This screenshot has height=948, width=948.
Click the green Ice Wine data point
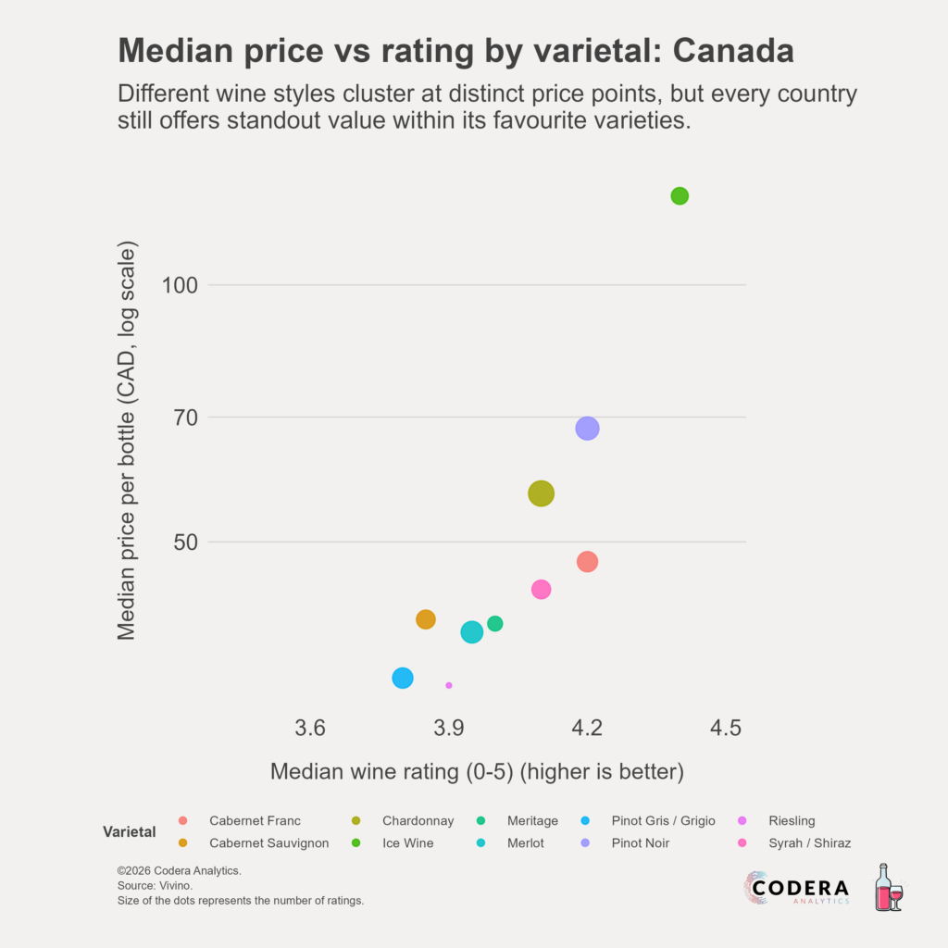[x=680, y=196]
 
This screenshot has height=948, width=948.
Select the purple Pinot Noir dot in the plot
[x=587, y=429]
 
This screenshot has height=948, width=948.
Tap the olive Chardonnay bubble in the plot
[x=541, y=493]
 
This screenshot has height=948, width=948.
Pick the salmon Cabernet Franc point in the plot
[x=587, y=562]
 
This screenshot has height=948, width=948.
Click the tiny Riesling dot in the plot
[x=449, y=686]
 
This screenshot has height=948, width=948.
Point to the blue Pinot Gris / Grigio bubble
[x=403, y=678]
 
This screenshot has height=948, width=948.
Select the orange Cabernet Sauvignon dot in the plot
[x=426, y=619]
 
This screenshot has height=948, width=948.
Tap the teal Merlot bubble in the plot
[x=471, y=632]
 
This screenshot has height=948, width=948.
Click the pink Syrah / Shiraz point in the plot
[x=541, y=590]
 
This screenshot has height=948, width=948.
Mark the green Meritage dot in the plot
[x=495, y=623]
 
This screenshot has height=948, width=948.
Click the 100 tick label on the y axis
[x=180, y=285]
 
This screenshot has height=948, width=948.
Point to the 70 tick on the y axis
[x=185, y=418]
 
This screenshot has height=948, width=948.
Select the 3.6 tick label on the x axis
[x=310, y=728]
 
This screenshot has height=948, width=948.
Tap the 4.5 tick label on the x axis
[x=726, y=728]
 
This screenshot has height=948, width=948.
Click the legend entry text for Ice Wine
[x=407, y=842]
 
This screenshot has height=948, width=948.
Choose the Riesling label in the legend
[x=792, y=820]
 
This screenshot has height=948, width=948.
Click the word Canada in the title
[x=733, y=50]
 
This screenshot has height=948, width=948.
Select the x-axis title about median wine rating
[x=477, y=771]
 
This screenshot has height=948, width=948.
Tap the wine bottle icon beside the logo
[x=888, y=887]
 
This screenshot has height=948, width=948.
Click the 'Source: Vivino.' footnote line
[x=155, y=886]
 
